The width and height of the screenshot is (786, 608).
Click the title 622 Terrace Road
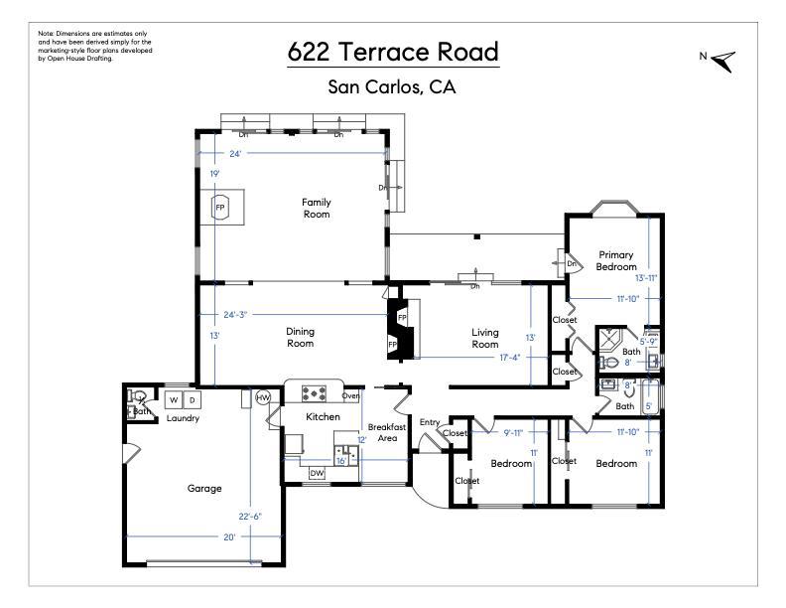coord(394,52)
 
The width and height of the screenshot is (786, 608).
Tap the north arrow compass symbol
coord(724,62)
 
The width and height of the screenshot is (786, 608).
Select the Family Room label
coord(317,208)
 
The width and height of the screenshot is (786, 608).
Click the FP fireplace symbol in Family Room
coord(219,208)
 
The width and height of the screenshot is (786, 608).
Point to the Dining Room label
coord(300,337)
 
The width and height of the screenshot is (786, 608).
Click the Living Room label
coord(484,338)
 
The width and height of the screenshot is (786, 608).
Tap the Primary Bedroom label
coord(616,261)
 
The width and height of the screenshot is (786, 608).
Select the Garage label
coord(204,488)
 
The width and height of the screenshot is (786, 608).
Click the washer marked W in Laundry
coord(174,399)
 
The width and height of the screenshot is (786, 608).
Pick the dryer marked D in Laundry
coord(192,399)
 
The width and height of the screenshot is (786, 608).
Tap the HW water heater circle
coord(263,397)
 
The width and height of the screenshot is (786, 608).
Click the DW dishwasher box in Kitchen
coord(317,473)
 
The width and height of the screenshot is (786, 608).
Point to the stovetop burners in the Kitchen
coord(314,393)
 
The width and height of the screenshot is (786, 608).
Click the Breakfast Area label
coord(387,432)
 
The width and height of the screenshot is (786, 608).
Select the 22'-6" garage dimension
coord(250,517)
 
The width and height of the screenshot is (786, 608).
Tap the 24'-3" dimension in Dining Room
coord(235,315)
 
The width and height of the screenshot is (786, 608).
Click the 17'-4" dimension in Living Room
coord(510,358)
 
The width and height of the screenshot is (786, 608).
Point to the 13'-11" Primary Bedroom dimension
coord(646,278)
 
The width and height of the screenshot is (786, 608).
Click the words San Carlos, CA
coord(392,87)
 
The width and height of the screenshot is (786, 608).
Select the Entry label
coord(430,422)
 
